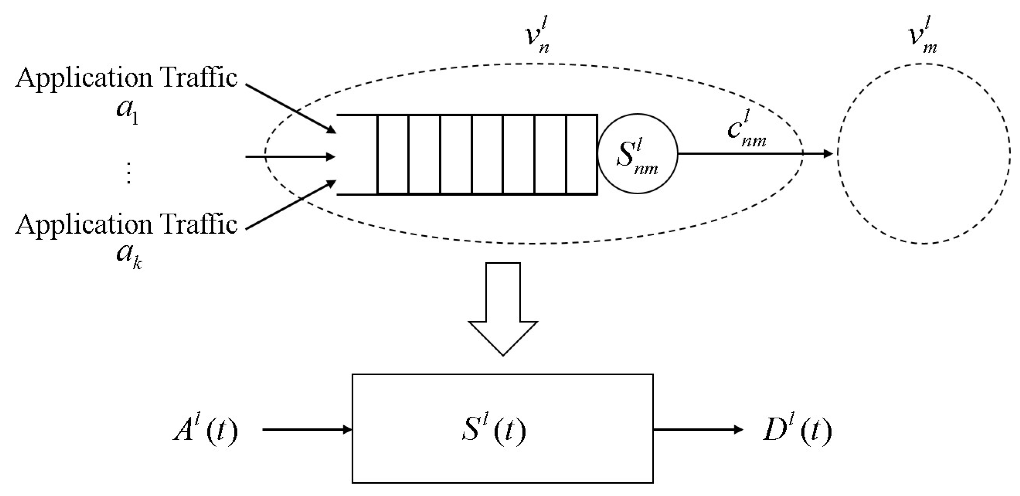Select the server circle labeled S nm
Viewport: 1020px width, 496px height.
point(637,154)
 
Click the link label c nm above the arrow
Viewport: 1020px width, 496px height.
point(747,133)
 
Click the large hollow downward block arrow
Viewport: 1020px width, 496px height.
point(503,309)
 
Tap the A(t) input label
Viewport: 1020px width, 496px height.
point(206,430)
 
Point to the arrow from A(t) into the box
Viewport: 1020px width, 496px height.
point(307,429)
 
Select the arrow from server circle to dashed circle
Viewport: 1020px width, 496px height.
point(752,154)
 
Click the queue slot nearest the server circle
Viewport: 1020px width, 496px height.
point(581,155)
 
